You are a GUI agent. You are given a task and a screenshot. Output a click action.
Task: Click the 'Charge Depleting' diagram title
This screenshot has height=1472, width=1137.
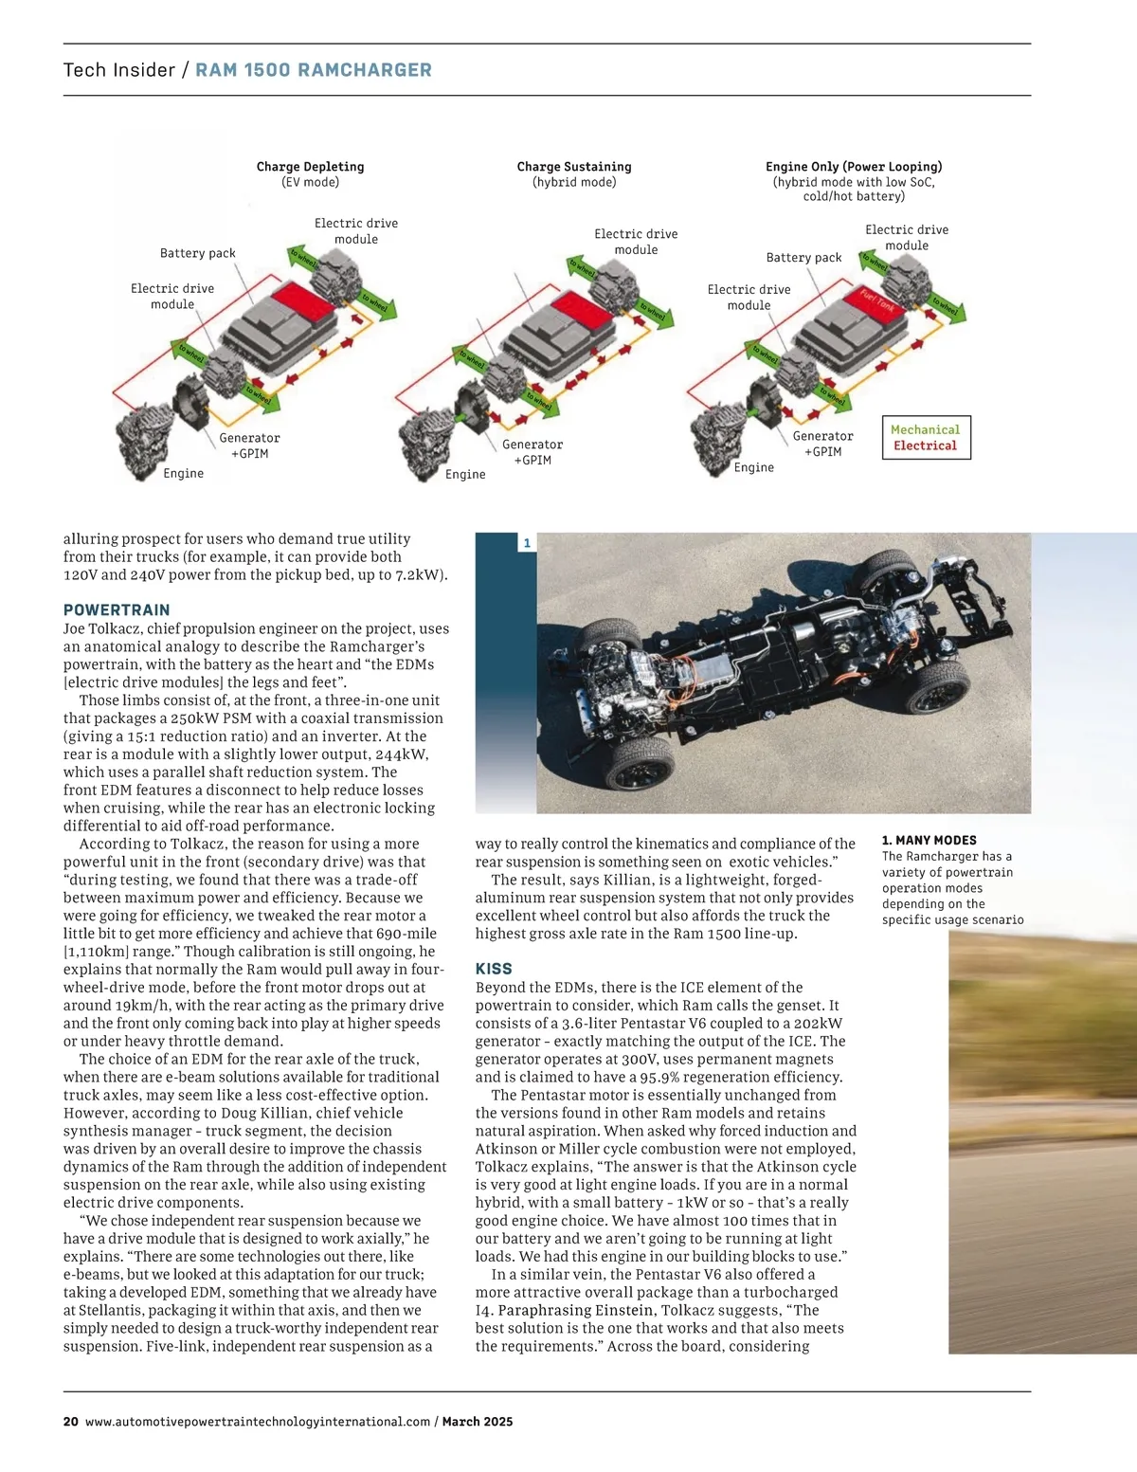click(310, 167)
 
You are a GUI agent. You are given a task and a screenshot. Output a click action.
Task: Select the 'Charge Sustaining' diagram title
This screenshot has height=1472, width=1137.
click(574, 167)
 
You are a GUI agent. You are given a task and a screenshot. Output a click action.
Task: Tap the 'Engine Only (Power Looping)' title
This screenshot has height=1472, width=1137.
click(854, 167)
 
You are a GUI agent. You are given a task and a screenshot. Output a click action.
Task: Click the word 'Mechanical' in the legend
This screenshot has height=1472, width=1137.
click(925, 430)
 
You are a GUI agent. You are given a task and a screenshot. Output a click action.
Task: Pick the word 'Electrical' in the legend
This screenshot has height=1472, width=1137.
click(925, 445)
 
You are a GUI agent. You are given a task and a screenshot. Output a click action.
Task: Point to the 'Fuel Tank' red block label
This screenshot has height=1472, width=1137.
click(876, 300)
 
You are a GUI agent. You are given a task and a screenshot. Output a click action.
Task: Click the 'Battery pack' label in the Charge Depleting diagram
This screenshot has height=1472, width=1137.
click(197, 253)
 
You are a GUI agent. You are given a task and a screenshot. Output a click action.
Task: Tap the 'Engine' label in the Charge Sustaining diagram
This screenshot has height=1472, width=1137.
click(465, 475)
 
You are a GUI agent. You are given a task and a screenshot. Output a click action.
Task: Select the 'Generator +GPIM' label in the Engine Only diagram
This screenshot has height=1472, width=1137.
click(822, 444)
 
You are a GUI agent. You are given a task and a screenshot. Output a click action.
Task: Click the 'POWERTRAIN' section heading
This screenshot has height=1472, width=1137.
click(117, 610)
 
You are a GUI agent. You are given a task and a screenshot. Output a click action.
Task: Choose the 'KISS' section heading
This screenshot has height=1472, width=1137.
click(494, 969)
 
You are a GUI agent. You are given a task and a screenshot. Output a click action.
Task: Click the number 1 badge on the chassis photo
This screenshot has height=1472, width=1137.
click(527, 543)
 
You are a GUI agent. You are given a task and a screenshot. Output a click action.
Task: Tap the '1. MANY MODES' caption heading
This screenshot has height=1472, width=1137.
click(929, 841)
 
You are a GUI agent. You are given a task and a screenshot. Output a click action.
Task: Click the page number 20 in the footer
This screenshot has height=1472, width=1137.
click(71, 1422)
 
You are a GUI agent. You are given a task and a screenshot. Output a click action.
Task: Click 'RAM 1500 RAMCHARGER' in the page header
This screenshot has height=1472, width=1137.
click(314, 70)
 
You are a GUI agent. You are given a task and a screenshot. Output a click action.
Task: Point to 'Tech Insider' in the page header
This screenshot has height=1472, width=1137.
click(119, 70)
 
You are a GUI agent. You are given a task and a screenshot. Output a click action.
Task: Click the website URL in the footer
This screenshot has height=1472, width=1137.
click(258, 1422)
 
